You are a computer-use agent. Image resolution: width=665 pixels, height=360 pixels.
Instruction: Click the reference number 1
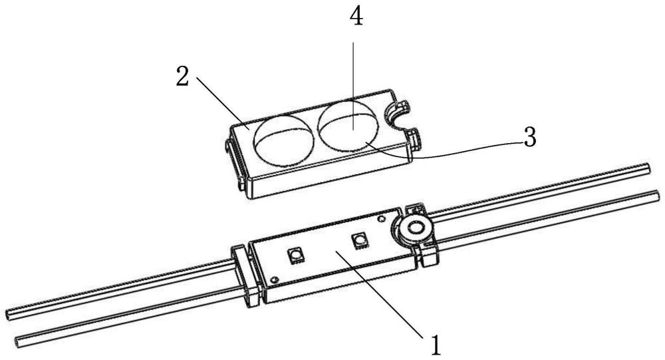click(435, 345)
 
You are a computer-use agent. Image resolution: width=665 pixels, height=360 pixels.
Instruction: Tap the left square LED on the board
click(293, 254)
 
